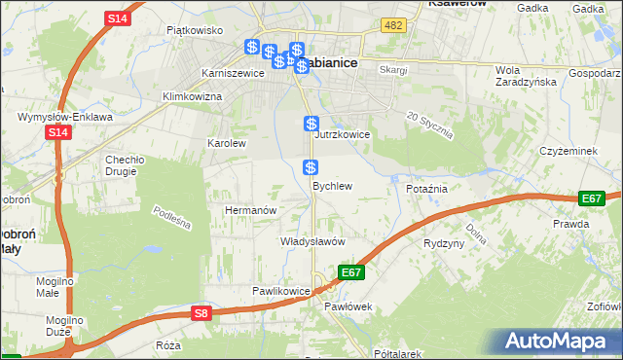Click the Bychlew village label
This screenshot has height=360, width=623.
331,185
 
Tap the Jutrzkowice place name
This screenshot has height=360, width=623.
342,135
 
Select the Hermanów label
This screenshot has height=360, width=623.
252,210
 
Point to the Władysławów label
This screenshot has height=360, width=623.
313,241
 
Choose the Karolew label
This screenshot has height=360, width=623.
226,143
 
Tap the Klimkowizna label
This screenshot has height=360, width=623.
193,96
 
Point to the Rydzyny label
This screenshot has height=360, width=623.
444,243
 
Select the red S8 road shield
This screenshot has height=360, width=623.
201,313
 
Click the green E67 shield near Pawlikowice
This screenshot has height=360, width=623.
351,272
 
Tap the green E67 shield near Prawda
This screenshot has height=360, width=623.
591,198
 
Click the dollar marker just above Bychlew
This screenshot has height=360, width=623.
311,167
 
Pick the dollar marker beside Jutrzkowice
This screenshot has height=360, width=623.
311,124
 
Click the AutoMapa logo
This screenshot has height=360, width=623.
559,342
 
